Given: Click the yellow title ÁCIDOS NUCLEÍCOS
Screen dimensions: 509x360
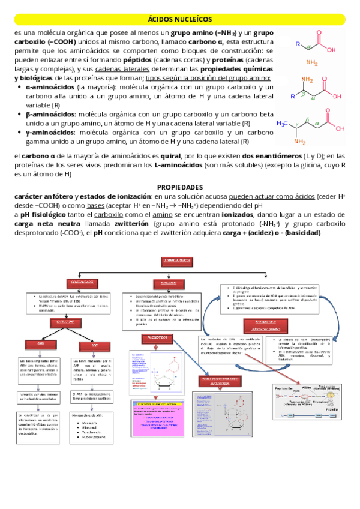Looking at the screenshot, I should [180, 19].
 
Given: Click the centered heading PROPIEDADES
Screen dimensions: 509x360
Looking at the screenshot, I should [179, 187].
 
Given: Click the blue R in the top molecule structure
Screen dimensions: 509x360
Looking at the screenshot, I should [298, 43].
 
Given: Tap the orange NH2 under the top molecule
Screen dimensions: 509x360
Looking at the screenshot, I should [313, 62].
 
